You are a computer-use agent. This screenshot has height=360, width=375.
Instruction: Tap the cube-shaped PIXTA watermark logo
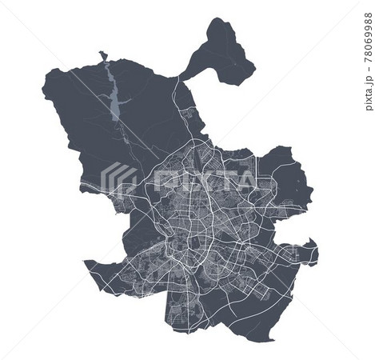[x=121, y=178]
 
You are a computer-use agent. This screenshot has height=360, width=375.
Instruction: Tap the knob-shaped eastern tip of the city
[x=312, y=254]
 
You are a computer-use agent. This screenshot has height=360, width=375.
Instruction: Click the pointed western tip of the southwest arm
[x=86, y=263]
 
